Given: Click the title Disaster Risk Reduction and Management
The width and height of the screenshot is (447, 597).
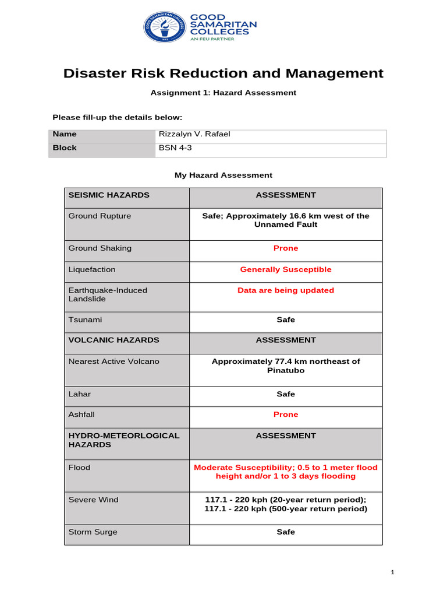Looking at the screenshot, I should point(223,73).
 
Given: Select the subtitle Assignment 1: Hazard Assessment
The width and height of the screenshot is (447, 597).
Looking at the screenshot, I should point(223,93).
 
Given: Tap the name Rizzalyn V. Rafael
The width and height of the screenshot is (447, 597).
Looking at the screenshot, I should point(194,134).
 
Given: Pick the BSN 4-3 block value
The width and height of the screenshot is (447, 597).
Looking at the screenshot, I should point(175,148).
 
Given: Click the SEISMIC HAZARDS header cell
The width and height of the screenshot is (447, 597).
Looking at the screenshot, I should point(109,195).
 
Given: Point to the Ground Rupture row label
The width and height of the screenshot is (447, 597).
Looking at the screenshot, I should point(100,216).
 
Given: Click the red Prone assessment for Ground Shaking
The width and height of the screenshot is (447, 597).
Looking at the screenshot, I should point(286,248).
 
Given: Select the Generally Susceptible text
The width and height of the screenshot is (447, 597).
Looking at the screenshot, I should point(286,270).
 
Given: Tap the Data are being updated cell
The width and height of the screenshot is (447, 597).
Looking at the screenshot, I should point(286,290).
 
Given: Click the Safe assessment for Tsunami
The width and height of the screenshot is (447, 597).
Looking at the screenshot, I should point(286,320).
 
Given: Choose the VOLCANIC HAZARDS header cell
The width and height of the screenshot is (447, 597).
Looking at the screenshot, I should point(113,340).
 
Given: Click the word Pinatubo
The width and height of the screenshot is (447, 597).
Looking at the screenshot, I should point(286,370).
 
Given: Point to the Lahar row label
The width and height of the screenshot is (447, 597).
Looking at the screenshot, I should point(80,394).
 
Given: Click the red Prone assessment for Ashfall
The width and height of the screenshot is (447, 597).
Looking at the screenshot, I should point(286,415).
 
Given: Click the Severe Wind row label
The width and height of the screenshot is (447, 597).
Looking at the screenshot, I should point(93,500).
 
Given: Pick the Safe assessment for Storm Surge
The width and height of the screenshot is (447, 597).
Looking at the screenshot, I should point(286,532).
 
